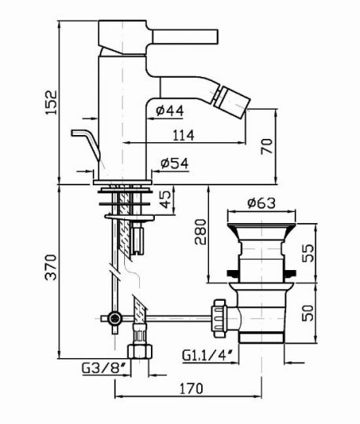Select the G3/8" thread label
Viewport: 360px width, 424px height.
tap(101, 367)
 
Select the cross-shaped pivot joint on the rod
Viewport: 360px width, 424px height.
tap(116, 318)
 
